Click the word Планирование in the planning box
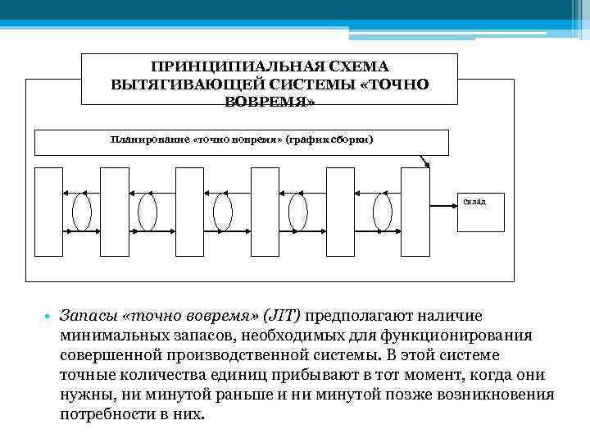[149, 139]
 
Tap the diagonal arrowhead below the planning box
[425, 165]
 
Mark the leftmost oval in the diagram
[82, 212]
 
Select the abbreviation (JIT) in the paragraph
[279, 316]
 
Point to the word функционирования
[464, 336]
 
